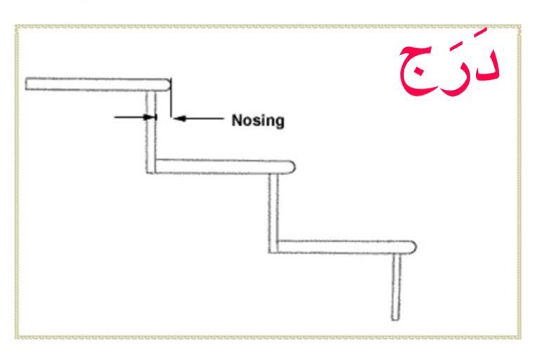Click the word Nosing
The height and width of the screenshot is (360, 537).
258,120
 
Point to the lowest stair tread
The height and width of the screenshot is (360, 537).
344,246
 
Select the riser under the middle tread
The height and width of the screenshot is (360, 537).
273,211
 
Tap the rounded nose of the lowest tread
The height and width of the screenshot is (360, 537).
413,246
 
